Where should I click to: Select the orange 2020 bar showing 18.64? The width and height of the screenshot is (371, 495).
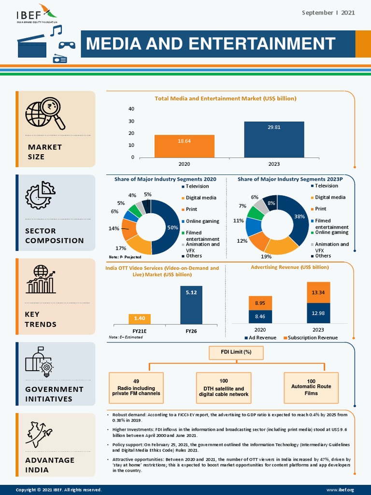[x=184, y=146]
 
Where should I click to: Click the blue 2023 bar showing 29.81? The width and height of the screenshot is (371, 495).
[x=274, y=139]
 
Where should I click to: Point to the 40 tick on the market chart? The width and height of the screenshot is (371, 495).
[x=131, y=109]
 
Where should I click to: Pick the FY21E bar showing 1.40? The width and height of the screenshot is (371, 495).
[x=140, y=319]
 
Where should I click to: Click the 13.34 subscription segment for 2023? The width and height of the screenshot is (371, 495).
[x=318, y=292]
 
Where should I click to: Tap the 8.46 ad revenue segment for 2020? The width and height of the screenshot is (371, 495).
[x=260, y=316]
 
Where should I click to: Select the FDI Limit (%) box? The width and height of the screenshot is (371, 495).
[x=236, y=352]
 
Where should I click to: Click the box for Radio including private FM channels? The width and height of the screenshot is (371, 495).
[x=137, y=388]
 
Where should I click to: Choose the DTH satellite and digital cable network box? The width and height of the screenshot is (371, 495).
[x=224, y=388]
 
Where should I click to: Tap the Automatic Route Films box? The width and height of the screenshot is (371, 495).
[x=311, y=387]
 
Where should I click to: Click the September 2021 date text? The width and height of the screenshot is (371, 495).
[x=328, y=13]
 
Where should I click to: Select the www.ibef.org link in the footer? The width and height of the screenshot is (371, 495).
[x=343, y=490]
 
